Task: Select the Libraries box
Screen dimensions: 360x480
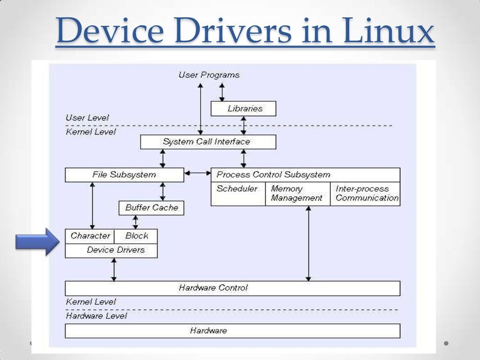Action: click(x=243, y=109)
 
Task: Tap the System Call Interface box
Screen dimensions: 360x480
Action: click(x=208, y=142)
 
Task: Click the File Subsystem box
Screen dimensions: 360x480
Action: click(x=124, y=175)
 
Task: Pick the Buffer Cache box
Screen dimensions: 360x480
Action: click(x=151, y=208)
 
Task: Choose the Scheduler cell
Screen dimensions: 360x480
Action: click(x=238, y=194)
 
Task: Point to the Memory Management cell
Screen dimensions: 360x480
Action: click(x=297, y=194)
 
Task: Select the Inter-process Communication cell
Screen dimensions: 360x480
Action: click(x=366, y=194)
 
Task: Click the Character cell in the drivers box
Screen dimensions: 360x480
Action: click(x=90, y=236)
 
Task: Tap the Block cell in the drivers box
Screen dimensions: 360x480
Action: click(x=136, y=236)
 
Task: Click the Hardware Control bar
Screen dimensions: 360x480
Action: click(x=232, y=288)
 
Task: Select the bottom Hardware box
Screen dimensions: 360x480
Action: click(x=232, y=331)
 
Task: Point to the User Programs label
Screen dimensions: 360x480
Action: click(x=209, y=75)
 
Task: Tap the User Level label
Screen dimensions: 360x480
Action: click(x=88, y=118)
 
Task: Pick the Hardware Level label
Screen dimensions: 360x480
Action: click(x=97, y=316)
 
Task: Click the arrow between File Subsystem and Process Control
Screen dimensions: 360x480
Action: click(x=197, y=173)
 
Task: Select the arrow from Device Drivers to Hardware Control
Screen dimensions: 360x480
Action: click(x=113, y=270)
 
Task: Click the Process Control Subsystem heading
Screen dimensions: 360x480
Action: click(x=274, y=175)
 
